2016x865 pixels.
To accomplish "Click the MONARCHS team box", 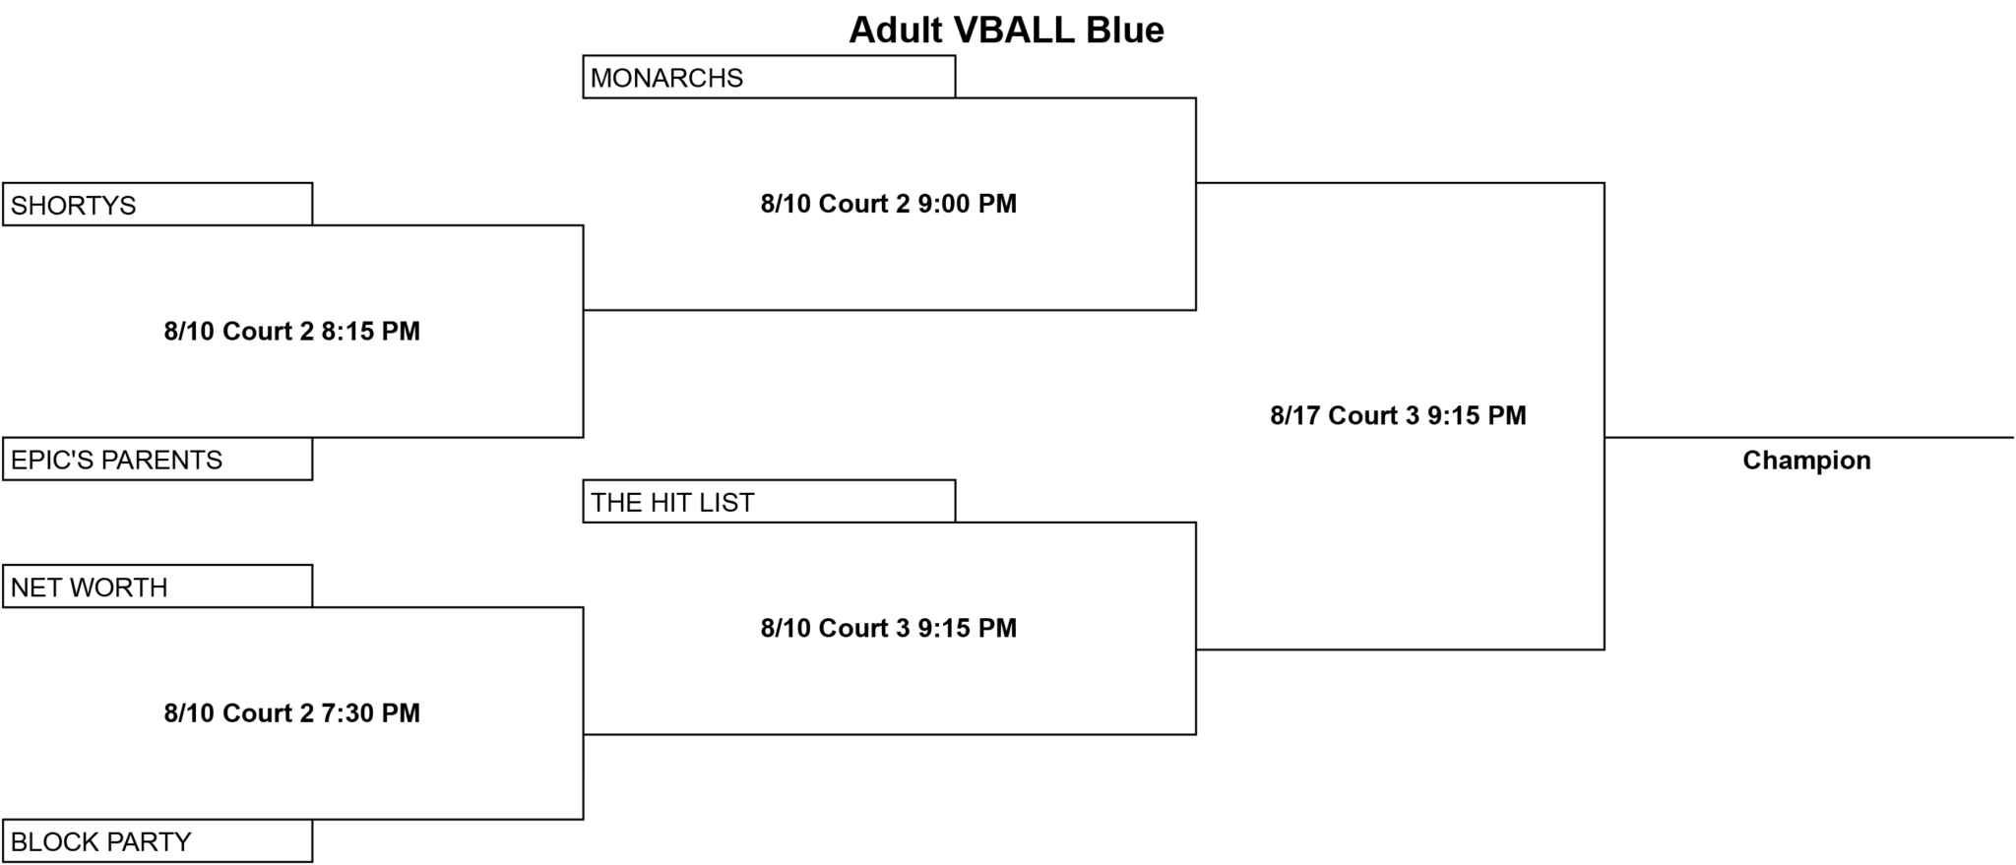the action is [769, 77].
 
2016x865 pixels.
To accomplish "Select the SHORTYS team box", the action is [157, 204].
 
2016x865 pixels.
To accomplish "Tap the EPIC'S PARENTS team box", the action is [157, 459].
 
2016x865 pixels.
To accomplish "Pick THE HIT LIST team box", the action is [769, 501].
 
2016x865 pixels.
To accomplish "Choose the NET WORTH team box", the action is [157, 586].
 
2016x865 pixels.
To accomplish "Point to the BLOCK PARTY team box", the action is [157, 840].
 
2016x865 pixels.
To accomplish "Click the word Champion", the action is [1806, 461].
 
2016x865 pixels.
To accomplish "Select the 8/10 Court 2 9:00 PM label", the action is [888, 204].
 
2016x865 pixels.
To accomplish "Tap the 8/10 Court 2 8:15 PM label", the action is [291, 331].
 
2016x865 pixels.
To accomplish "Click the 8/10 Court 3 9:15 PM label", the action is [888, 628].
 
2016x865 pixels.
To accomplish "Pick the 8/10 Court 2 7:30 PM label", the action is [291, 712].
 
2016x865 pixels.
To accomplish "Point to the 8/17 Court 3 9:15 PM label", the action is [1398, 415].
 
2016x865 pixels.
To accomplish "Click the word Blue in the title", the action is [1125, 30].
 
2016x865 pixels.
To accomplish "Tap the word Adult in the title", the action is [896, 30].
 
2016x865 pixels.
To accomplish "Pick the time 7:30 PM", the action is [370, 712].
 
